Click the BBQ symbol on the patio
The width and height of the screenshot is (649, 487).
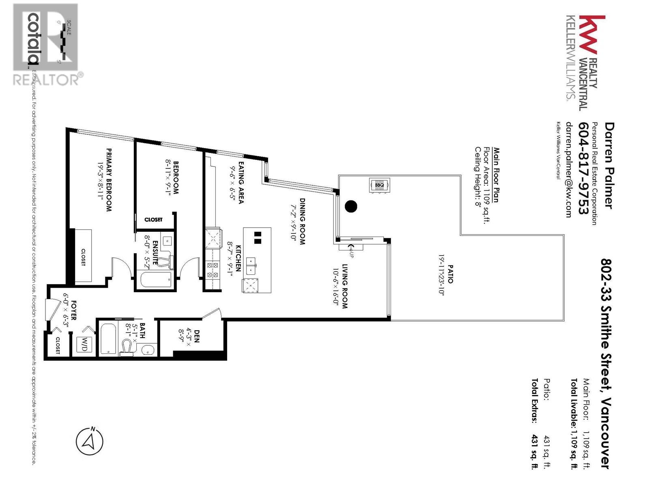(379, 185)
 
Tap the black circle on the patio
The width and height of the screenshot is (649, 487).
(351, 207)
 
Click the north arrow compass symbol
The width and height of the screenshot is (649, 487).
(90, 441)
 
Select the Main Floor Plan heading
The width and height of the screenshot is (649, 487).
(496, 175)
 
